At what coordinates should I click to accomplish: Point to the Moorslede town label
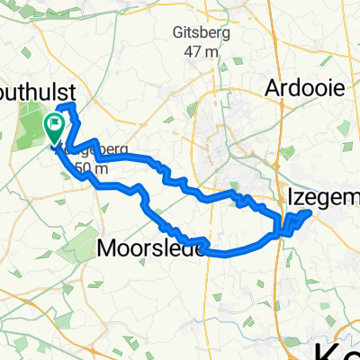click(136, 247)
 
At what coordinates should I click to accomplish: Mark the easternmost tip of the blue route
click(311, 212)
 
